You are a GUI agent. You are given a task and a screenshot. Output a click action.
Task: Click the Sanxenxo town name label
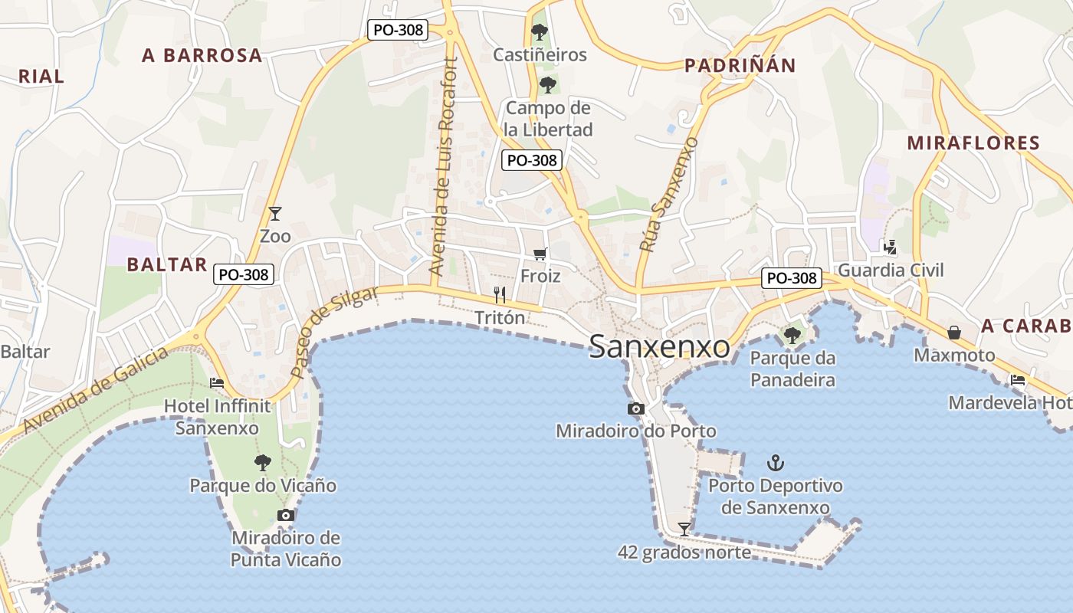(659, 347)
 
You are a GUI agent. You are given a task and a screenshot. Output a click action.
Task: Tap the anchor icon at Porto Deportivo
(776, 463)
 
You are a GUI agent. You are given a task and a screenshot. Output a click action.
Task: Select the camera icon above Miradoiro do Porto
(635, 409)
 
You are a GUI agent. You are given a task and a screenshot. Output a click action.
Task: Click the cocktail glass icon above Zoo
(275, 214)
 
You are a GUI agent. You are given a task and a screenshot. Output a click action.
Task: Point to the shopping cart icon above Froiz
(540, 254)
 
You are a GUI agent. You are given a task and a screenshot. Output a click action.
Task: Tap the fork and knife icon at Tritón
(500, 294)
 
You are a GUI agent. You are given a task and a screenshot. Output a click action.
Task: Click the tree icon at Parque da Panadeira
(792, 335)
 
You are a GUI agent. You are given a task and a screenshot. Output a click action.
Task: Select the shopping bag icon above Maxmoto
(954, 333)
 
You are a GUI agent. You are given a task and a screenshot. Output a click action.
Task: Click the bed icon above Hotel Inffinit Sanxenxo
(217, 382)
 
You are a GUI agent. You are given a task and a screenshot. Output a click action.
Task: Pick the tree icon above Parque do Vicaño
(263, 462)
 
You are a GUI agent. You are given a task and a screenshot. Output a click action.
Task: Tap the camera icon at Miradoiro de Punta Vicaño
(286, 515)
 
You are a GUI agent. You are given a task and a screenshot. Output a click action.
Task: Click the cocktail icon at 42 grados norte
(684, 529)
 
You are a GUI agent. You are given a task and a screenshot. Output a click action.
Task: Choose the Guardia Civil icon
(890, 247)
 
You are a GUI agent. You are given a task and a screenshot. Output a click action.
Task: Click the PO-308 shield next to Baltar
(244, 274)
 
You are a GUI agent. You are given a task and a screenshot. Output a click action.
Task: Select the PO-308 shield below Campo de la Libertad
(532, 160)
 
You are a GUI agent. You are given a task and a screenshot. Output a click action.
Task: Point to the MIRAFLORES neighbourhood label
(973, 143)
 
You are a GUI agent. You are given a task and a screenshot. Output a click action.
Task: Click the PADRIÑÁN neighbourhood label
(740, 65)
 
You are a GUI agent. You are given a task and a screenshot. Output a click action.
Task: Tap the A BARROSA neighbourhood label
(202, 55)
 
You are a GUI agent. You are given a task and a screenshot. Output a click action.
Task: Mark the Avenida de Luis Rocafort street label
(443, 166)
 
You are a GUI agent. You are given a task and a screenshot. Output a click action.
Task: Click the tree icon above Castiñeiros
(540, 32)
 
